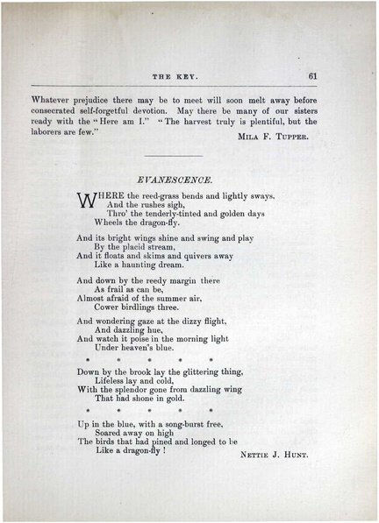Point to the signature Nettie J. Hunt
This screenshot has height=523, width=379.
pos(276,456)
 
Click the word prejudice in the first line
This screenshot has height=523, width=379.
pos(94,99)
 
